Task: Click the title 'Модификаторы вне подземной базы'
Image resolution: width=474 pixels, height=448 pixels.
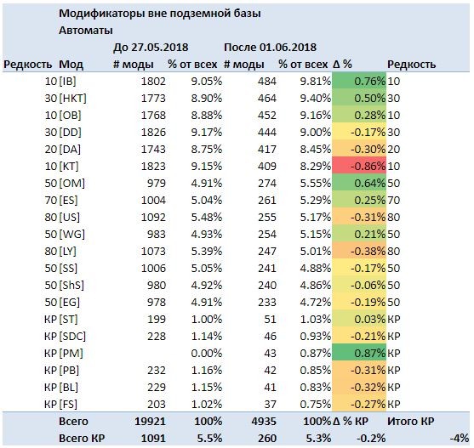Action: [160, 14]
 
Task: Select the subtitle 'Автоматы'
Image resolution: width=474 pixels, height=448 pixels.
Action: [86, 31]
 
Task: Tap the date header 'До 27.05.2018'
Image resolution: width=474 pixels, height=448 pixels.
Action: [151, 48]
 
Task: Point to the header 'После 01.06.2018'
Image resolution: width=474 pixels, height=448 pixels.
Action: [270, 48]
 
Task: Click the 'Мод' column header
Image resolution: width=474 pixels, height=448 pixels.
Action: [71, 65]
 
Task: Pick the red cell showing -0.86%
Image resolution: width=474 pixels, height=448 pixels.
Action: [359, 166]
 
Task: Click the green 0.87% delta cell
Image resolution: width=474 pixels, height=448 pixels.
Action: [359, 353]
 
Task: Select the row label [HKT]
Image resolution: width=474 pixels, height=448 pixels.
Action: [72, 99]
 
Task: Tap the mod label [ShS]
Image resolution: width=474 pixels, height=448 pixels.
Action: [71, 286]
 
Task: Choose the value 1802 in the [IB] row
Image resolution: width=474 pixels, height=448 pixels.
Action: [153, 82]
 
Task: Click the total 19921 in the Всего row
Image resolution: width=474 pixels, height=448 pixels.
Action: [150, 422]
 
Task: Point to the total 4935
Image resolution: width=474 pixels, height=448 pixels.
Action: [264, 422]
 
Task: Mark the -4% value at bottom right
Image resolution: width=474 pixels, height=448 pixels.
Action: [460, 439]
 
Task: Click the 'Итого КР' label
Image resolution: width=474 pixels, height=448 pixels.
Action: [410, 422]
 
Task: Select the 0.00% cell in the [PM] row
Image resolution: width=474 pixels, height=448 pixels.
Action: [207, 353]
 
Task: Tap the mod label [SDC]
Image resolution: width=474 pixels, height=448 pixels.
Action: [72, 337]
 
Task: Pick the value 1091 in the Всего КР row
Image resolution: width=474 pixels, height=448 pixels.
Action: [153, 439]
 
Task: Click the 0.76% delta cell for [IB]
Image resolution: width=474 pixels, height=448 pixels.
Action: [359, 81]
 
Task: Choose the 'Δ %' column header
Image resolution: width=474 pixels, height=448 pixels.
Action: [342, 65]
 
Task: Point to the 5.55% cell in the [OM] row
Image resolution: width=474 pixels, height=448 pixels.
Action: [316, 184]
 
